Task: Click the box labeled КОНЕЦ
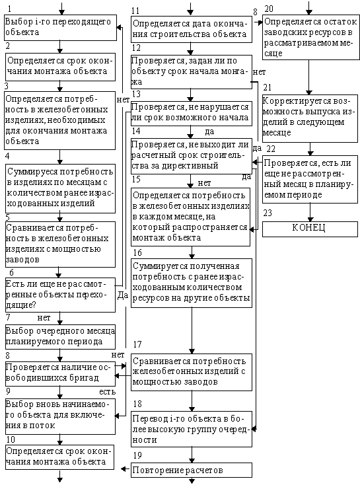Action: tap(310, 229)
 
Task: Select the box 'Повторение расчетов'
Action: tap(192, 470)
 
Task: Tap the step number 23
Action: tap(268, 213)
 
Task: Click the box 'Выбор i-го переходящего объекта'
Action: tap(60, 28)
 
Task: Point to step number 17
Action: tap(137, 344)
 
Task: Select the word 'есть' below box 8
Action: tap(107, 392)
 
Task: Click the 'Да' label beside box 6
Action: tap(123, 295)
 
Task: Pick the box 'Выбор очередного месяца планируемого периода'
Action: tap(60, 337)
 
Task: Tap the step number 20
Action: tap(269, 9)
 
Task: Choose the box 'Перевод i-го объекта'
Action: tap(192, 429)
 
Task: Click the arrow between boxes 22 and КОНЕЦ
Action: tap(310, 213)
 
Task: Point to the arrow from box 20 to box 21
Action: tap(308, 77)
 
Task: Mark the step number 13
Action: tap(136, 94)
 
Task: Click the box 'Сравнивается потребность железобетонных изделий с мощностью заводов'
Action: tap(192, 372)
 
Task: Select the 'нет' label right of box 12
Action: tap(259, 72)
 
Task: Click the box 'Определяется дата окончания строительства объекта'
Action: tap(192, 29)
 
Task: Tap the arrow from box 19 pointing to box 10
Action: tap(126, 469)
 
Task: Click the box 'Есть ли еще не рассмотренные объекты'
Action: tap(60, 295)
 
